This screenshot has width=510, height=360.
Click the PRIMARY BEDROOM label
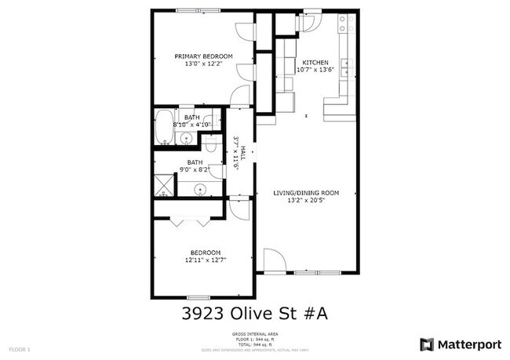pyautogui.click(x=203, y=56)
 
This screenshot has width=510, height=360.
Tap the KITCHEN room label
pyautogui.click(x=315, y=63)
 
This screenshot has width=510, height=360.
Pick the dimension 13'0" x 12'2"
pyautogui.click(x=203, y=64)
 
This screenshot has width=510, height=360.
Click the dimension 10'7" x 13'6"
pyautogui.click(x=315, y=70)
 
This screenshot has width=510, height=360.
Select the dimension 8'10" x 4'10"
pyautogui.click(x=192, y=124)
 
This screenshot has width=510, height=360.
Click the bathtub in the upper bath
pyautogui.click(x=166, y=127)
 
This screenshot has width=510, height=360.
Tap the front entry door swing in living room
pyautogui.click(x=274, y=260)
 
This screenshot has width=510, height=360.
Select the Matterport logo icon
pyautogui.click(x=427, y=344)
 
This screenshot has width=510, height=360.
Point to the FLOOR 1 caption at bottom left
pyautogui.click(x=19, y=348)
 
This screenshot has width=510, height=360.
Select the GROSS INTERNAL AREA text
pyautogui.click(x=254, y=334)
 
